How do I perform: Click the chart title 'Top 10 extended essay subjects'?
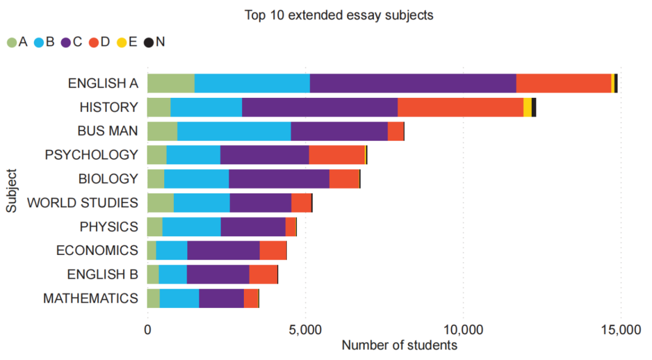(339, 15)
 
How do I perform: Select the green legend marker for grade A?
(11, 42)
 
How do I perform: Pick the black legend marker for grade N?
(149, 42)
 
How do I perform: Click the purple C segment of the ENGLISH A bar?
(413, 83)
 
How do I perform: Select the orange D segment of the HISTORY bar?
(460, 108)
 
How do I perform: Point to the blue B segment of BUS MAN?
(234, 131)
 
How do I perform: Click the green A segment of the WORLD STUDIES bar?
(160, 202)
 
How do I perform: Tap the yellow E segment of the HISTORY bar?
(527, 108)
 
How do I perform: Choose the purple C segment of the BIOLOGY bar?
(279, 179)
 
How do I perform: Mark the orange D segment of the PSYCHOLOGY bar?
(337, 155)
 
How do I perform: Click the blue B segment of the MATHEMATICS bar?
(179, 298)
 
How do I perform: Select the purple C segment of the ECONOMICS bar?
(223, 250)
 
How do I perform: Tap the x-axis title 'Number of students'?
(399, 346)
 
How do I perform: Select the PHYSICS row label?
(109, 227)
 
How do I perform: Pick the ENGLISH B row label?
(103, 274)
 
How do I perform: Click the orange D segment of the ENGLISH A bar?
(563, 83)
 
